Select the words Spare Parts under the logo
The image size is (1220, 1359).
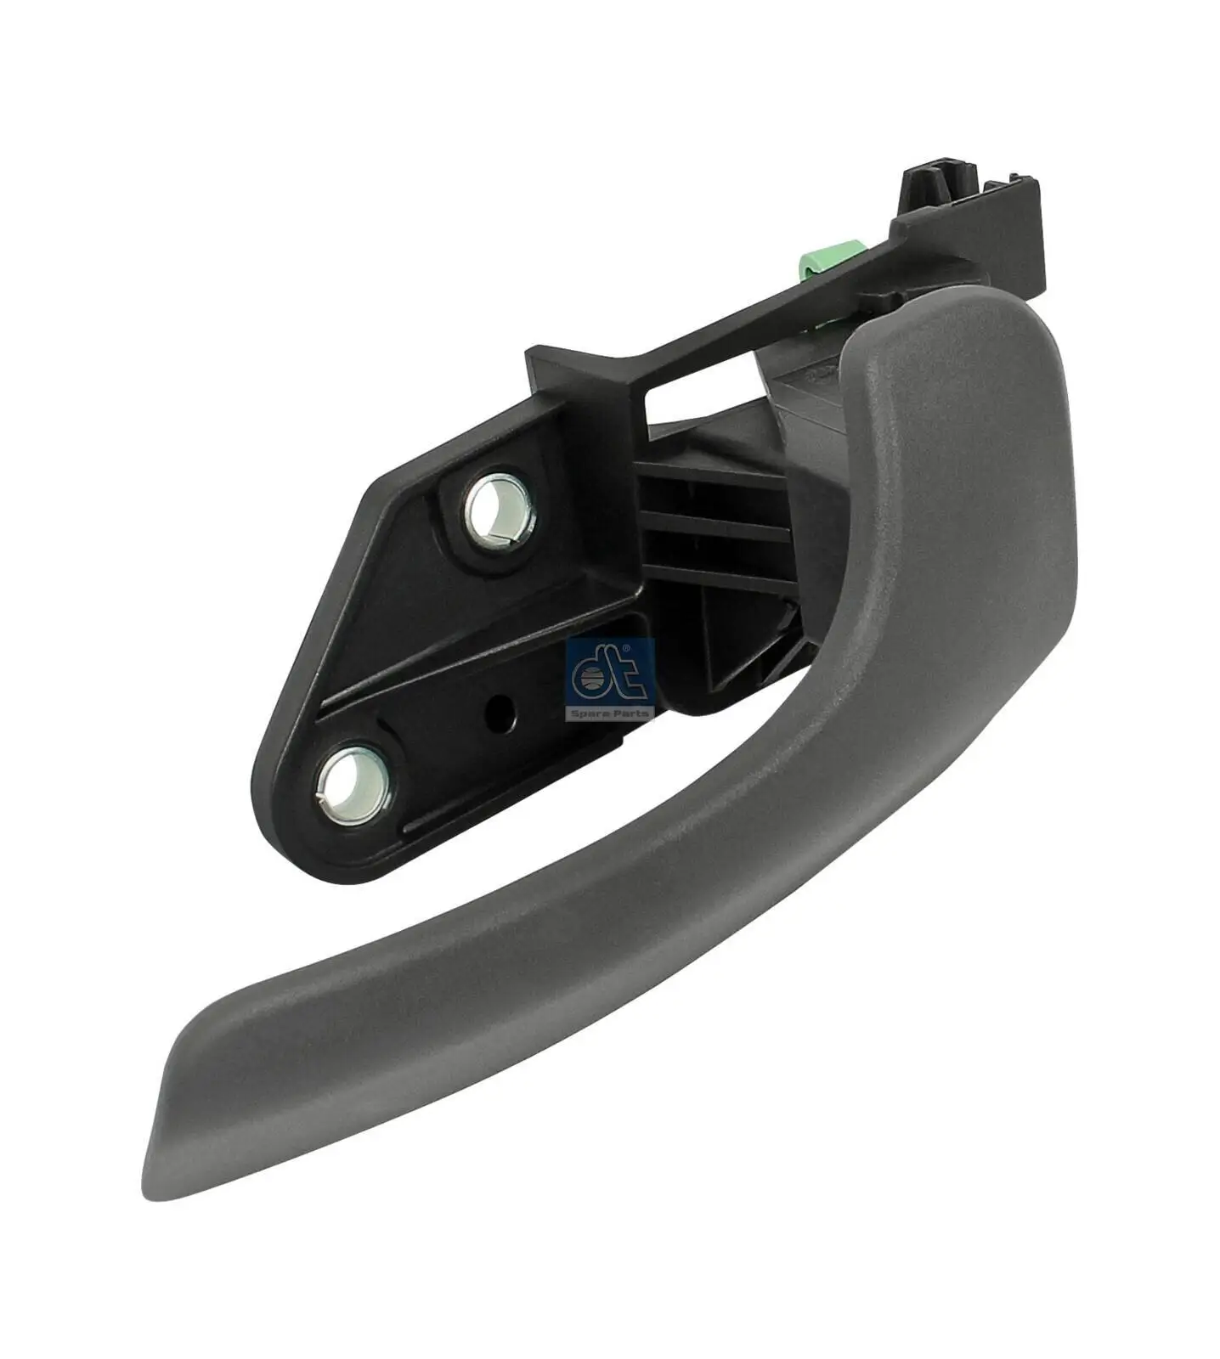coord(608,713)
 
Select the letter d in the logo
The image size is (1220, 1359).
coord(591,677)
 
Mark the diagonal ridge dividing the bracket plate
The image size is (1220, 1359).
coord(476,671)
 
